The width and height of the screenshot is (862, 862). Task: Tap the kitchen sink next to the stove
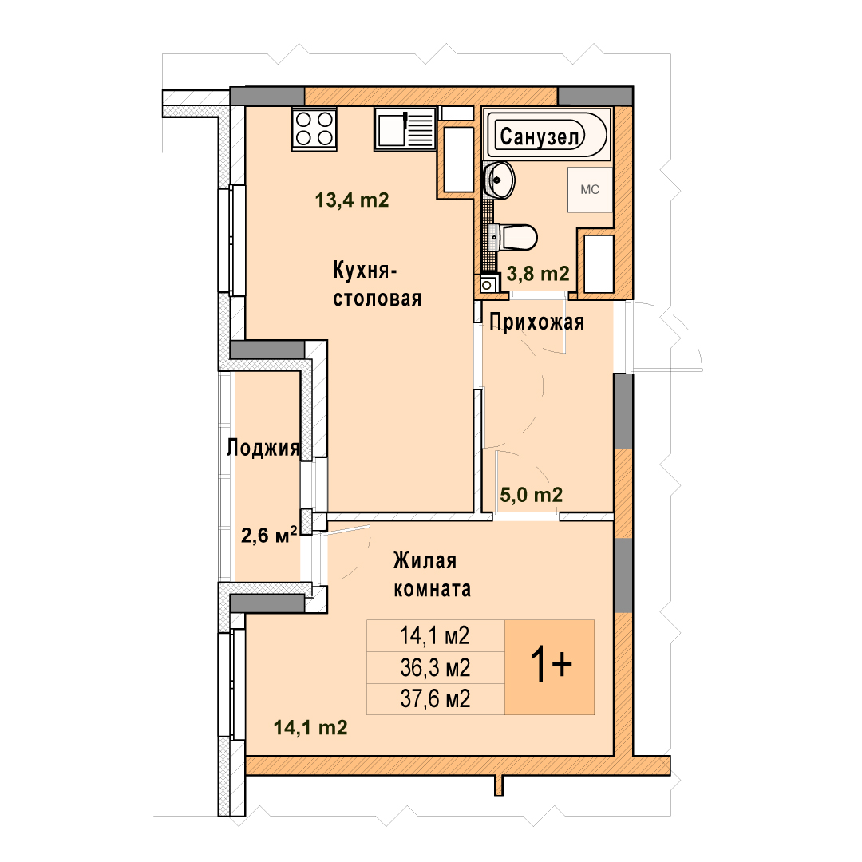click(405, 129)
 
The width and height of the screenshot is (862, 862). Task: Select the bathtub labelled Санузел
click(547, 134)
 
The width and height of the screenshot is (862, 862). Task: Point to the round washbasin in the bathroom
click(499, 180)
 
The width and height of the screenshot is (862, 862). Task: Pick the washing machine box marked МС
click(590, 190)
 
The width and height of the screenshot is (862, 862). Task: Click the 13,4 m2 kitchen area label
click(352, 200)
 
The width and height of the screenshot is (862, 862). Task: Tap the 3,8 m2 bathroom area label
click(538, 273)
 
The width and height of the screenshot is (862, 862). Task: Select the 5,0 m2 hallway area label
click(531, 495)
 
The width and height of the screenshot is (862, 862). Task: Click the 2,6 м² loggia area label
click(270, 534)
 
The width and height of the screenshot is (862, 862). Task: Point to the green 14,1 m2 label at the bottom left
click(310, 728)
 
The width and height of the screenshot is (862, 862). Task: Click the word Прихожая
click(536, 322)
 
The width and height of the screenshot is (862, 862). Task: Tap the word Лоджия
click(263, 448)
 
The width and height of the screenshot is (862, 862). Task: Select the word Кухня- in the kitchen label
click(365, 271)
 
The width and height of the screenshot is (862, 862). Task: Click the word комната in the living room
click(432, 589)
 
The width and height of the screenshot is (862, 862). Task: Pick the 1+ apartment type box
click(549, 666)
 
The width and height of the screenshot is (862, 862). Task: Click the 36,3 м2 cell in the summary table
click(436, 668)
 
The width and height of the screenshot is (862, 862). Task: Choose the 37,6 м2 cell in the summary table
click(436, 699)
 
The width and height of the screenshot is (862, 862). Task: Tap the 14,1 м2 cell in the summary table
click(436, 636)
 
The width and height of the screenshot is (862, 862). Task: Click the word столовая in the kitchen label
click(377, 299)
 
